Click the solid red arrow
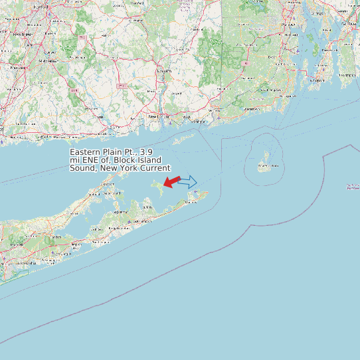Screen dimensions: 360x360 172,181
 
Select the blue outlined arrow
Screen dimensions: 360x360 188,181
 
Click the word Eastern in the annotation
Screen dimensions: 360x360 86,152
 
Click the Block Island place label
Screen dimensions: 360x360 268,165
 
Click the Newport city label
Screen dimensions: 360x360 317,80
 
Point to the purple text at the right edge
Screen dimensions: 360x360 353,187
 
